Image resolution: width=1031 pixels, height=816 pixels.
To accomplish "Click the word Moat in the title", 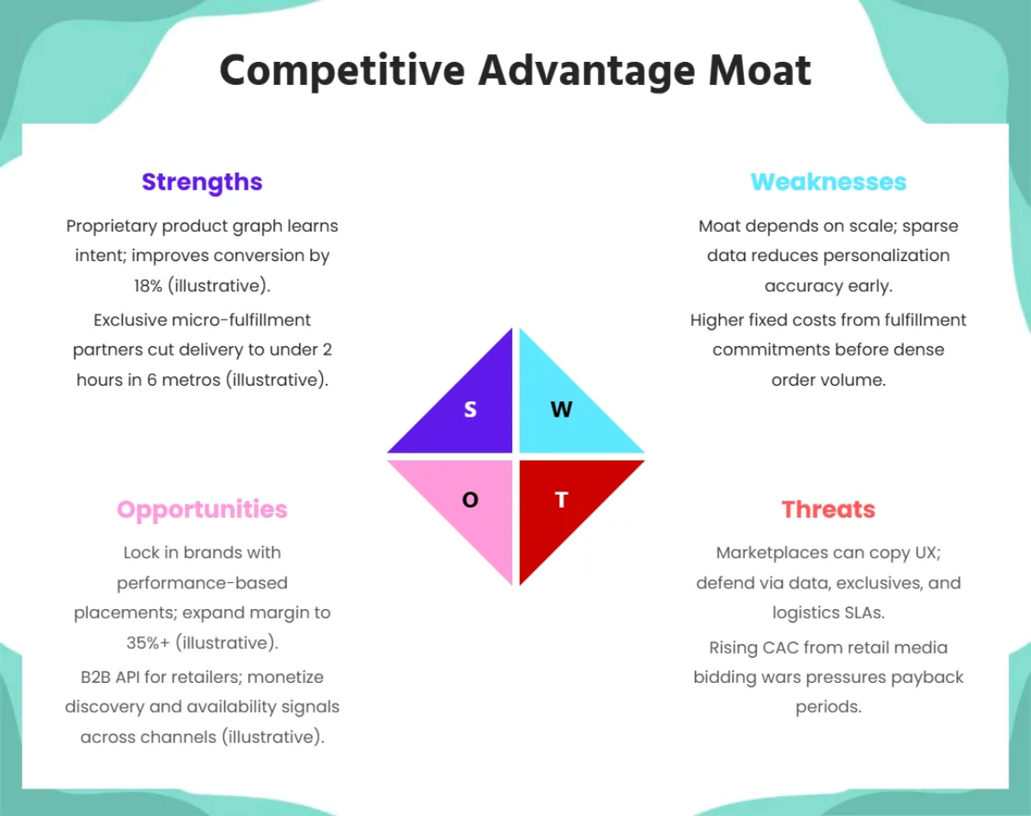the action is (x=760, y=70).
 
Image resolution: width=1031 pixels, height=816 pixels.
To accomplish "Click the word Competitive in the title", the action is (x=343, y=72).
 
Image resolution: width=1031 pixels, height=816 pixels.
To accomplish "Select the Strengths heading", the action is (x=202, y=183).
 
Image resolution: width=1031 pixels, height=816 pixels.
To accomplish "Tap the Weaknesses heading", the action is (x=828, y=182).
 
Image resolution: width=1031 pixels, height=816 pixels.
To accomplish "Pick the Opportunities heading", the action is (x=202, y=510).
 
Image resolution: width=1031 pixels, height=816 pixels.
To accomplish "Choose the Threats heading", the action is (x=828, y=509).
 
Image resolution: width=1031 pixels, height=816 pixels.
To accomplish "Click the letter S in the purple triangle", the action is (x=471, y=410).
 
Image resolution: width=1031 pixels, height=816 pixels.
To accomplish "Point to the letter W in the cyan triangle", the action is (x=562, y=410).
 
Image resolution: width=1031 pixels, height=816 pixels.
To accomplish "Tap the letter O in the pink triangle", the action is (x=471, y=500).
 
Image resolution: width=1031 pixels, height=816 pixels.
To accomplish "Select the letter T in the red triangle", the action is (x=562, y=500).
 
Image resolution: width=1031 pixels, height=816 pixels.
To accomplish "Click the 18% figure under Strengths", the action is (x=149, y=286).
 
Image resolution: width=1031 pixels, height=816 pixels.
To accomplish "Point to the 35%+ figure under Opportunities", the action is (x=148, y=643).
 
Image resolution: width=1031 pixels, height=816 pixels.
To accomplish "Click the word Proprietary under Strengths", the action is (x=112, y=227).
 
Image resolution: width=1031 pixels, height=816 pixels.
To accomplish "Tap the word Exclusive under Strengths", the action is (x=131, y=320).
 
